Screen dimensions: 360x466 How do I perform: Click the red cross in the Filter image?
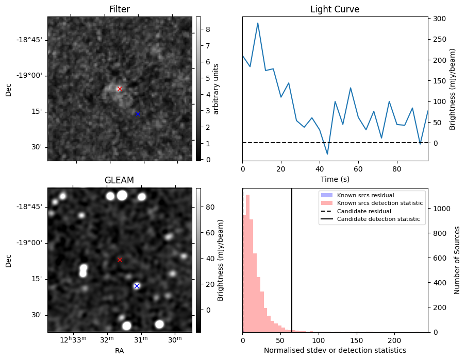pos(120,89)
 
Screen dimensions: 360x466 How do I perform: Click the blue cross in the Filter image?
pos(138,114)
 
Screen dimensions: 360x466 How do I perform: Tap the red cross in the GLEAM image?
pos(120,260)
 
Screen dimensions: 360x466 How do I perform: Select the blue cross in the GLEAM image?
pos(137,286)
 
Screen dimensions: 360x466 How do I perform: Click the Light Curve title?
pos(335,9)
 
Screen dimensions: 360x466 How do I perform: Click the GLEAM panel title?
pos(119,180)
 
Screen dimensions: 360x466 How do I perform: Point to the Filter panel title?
pos(119,9)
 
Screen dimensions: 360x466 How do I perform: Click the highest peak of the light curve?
pos(258,23)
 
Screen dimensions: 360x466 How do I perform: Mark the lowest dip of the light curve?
pos(327,154)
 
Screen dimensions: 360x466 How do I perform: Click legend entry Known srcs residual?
pos(365,195)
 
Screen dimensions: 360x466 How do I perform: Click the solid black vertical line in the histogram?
pos(292,258)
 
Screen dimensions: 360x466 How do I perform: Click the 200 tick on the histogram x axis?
pos(394,340)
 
